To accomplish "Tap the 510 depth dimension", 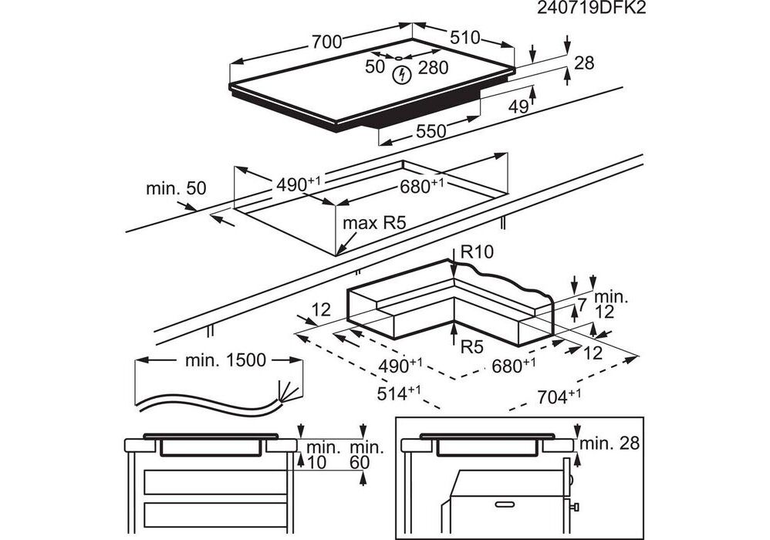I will point(465,37).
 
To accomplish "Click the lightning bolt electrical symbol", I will point(401,75).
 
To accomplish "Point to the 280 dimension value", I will point(433,68).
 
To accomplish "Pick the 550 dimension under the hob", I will point(431,131).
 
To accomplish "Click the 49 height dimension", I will point(518,106).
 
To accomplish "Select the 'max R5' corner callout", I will point(374,223).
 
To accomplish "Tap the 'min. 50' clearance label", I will point(176,188).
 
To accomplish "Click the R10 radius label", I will point(478,251).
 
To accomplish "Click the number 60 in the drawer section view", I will point(360,462).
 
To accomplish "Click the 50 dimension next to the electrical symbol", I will point(375,67).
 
